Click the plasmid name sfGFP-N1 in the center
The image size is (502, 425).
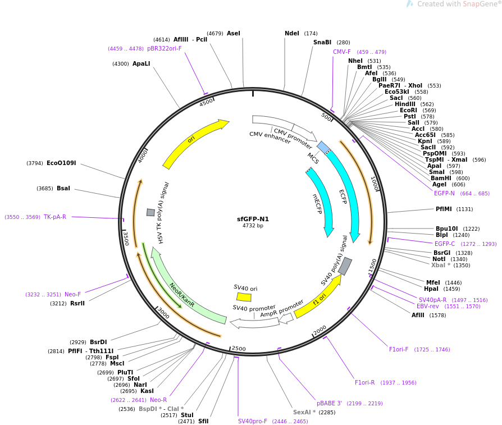point(253,219)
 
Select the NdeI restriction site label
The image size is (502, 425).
point(292,34)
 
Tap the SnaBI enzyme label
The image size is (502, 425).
point(322,43)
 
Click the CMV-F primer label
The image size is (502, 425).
point(341,52)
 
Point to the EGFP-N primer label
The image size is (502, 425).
point(444,194)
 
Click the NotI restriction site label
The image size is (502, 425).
point(442,259)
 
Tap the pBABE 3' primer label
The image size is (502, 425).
point(329,403)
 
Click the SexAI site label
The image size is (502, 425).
point(303,413)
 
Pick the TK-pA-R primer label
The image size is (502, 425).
point(55,217)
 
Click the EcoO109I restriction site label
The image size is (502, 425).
point(61,163)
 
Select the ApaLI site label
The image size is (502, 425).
point(142,64)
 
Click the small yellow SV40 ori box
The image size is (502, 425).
point(244,296)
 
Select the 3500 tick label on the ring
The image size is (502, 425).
point(126,238)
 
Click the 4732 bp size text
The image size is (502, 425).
point(253,226)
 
